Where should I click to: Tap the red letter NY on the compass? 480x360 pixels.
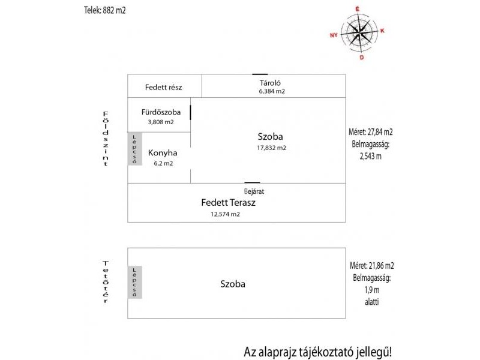334,35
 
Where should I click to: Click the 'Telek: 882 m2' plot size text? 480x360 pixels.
105,10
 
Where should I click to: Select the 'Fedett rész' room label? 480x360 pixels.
163,87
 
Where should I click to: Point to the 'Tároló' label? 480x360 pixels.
271,83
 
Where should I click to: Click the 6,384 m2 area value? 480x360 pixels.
271,92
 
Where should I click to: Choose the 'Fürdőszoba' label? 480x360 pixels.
160,112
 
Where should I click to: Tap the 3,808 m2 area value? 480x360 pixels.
160,122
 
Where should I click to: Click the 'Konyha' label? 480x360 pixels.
163,152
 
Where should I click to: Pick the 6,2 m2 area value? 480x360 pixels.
163,163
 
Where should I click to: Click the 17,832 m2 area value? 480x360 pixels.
272,148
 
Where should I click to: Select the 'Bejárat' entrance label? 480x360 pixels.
254,191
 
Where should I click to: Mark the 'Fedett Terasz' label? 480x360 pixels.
228,203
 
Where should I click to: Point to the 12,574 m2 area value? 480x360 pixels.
225,214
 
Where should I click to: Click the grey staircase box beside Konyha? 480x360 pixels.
135,149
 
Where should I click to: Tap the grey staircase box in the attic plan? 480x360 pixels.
135,282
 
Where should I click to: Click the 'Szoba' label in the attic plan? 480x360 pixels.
233,284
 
